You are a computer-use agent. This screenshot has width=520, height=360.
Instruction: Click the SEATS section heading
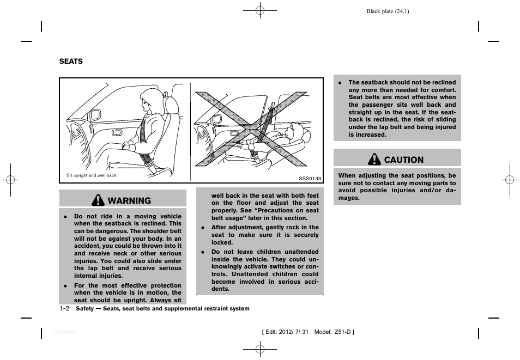pyautogui.click(x=71, y=62)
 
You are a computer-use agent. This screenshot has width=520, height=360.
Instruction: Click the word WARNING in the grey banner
pyautogui.click(x=129, y=201)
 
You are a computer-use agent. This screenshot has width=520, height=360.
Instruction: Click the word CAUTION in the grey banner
pyautogui.click(x=403, y=160)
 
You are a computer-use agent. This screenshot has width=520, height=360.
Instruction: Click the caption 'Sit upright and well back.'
pyautogui.click(x=92, y=175)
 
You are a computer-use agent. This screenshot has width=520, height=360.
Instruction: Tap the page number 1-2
pyautogui.click(x=64, y=308)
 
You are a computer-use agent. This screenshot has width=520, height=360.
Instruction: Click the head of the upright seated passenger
pyautogui.click(x=149, y=101)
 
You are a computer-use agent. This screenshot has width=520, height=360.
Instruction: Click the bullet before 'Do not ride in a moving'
pyautogui.click(x=65, y=216)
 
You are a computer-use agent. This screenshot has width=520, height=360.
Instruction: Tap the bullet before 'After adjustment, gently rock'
pyautogui.click(x=202, y=228)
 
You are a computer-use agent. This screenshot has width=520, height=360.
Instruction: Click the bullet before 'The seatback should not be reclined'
pyautogui.click(x=340, y=83)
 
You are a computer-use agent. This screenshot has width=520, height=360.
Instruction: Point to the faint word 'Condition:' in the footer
pyautogui.click(x=65, y=332)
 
